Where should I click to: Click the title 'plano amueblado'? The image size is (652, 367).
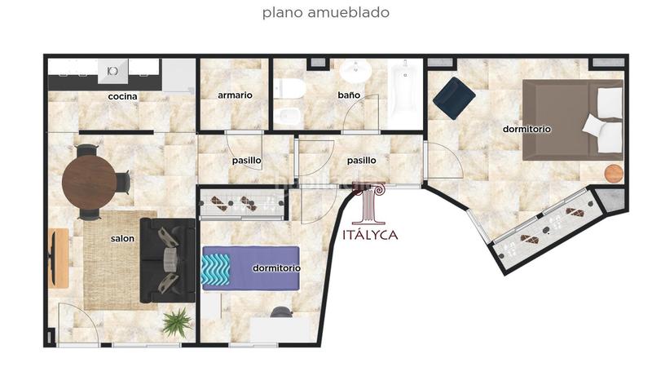[x=325, y=13]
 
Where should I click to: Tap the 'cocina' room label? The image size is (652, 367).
[x=122, y=96]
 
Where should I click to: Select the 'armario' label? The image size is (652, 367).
[x=235, y=95]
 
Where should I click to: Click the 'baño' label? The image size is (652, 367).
[x=349, y=95]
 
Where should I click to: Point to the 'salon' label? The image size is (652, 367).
[x=122, y=239]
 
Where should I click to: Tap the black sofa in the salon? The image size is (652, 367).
[x=168, y=259]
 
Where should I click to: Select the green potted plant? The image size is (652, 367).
[x=175, y=322]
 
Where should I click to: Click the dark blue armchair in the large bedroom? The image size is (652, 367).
[x=454, y=97]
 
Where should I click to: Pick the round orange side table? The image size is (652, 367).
[x=613, y=174]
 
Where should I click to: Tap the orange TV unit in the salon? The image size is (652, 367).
[x=59, y=258]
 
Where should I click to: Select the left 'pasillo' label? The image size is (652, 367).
[x=246, y=161]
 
